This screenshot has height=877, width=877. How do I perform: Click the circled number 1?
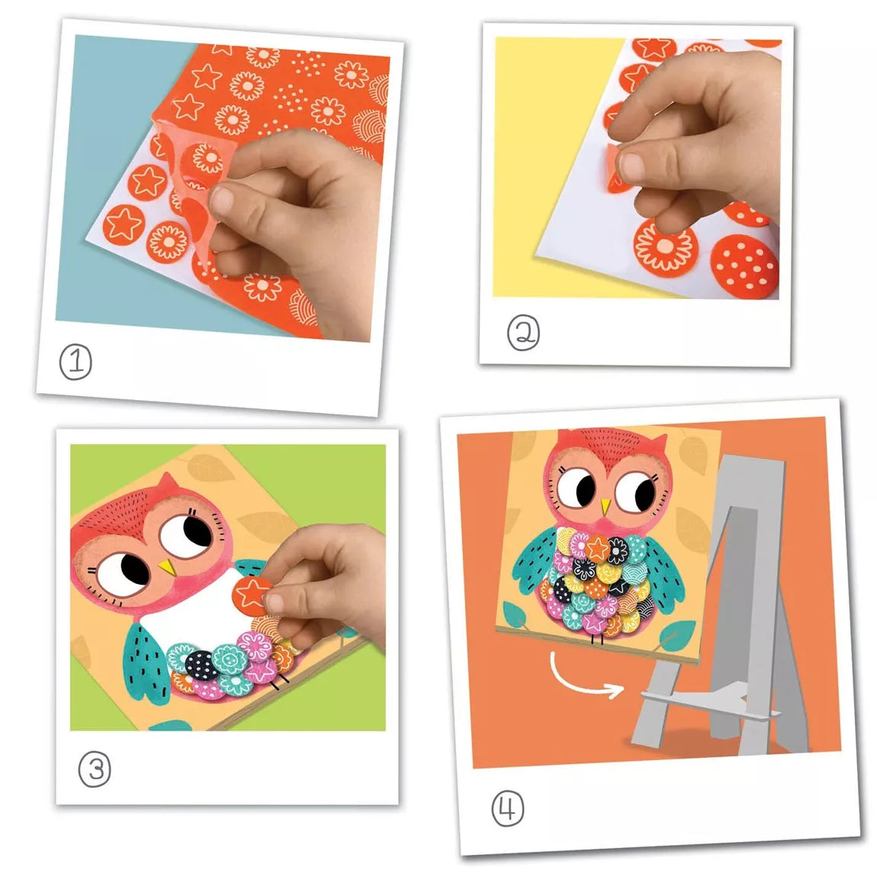tap(75, 362)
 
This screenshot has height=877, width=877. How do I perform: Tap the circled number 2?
tap(523, 333)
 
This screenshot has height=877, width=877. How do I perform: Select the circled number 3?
tap(95, 769)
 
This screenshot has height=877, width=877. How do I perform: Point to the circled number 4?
tap(507, 808)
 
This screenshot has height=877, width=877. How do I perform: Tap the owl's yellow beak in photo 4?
tap(606, 506)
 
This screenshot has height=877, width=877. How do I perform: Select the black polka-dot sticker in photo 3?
tap(201, 665)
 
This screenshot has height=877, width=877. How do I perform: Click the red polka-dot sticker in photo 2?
tap(744, 266)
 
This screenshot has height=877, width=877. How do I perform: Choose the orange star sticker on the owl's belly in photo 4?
tap(597, 549)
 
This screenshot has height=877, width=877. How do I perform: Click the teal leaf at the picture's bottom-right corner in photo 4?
tap(677, 635)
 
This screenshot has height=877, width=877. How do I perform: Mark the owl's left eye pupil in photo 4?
tap(585, 488)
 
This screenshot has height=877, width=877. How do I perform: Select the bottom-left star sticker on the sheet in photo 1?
tap(123, 224)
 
